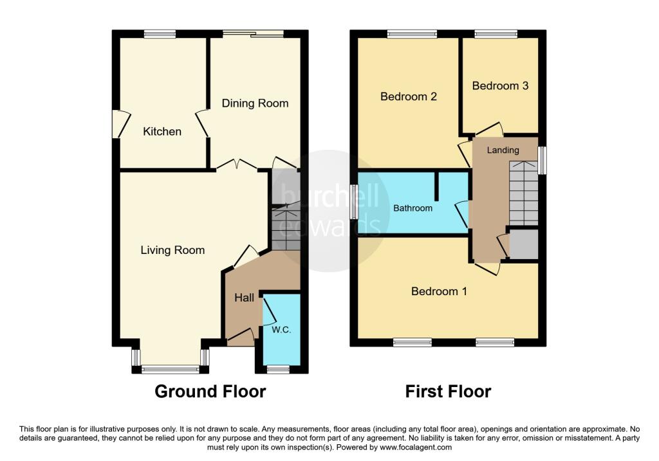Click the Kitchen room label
point(162,132)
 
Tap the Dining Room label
point(255,103)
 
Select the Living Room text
point(172,250)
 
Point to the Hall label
point(244,298)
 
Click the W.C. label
point(281,330)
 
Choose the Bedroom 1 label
point(439,291)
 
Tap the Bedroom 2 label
point(409,96)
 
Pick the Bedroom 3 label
point(500,86)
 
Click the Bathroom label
point(413,208)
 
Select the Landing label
point(503,150)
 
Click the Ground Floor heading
point(210,391)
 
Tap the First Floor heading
point(448,391)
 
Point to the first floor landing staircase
point(523,193)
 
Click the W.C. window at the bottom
point(278,369)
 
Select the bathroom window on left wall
point(354,201)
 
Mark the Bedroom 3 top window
point(496,33)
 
